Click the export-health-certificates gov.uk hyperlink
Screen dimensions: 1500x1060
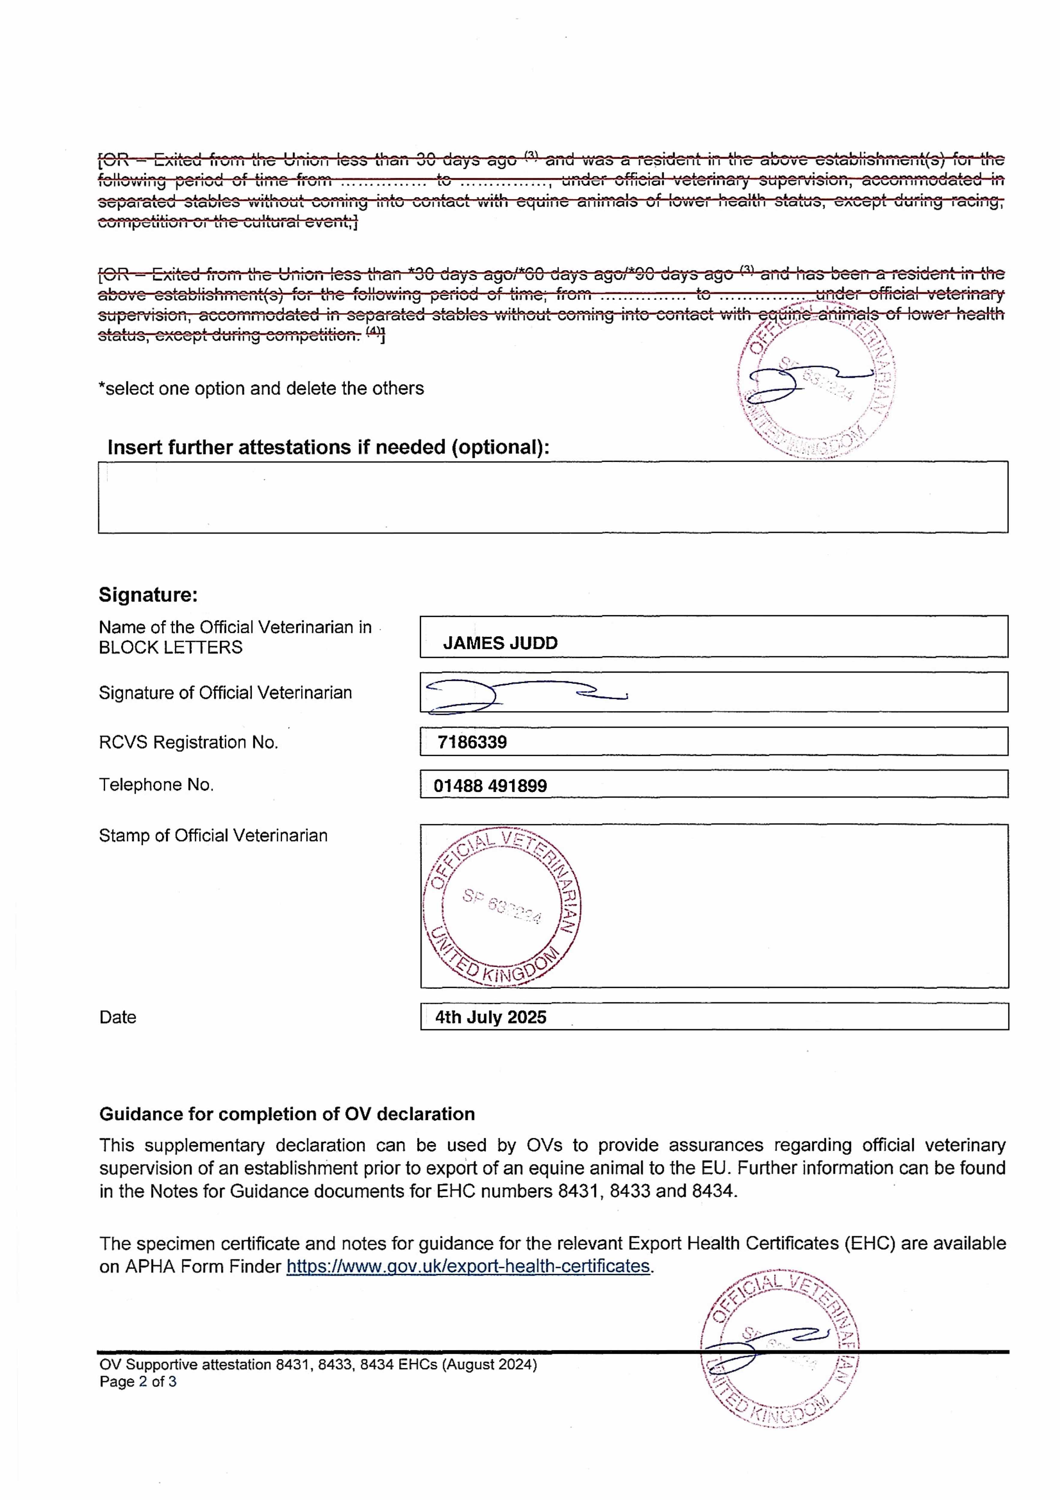pos(468,1266)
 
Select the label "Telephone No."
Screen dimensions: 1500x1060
pos(156,784)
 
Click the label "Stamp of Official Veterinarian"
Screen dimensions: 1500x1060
pos(213,835)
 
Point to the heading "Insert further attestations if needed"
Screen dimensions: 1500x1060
pos(328,448)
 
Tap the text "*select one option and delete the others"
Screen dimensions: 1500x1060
pos(261,389)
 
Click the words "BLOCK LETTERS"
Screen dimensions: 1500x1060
pos(171,647)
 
